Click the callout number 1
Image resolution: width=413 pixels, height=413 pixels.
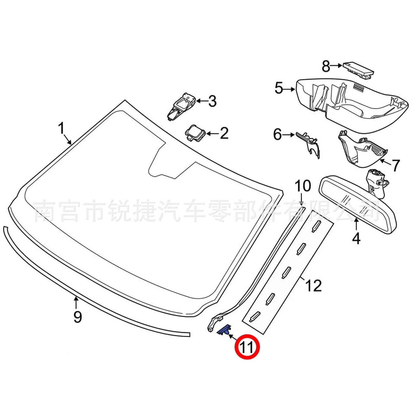pos(61,128)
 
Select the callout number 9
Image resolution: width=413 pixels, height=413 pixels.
pos(78,317)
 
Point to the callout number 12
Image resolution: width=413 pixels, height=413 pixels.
pos(314,286)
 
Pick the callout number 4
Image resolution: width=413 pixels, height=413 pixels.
pos(356,238)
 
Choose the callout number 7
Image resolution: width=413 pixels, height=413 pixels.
pos(396,165)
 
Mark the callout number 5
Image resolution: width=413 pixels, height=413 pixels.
pos(279,88)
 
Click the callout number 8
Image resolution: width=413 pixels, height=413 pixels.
pos(326,66)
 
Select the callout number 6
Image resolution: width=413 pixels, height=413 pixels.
pos(277,135)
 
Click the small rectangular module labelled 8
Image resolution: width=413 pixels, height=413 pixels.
pos(358,70)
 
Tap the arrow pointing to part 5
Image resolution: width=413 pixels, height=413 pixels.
pos(289,89)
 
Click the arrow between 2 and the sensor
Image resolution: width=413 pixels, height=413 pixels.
pos(212,134)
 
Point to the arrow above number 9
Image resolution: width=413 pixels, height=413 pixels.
pos(76,302)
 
